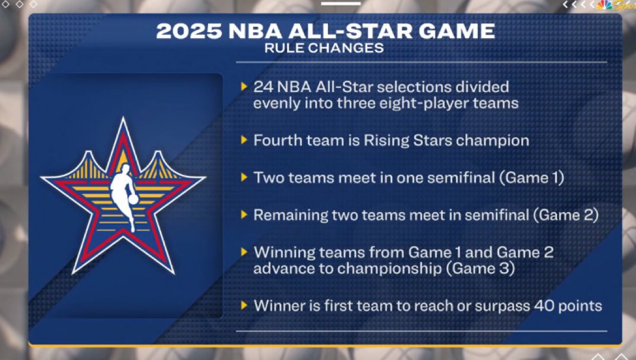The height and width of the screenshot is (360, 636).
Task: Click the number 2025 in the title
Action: pos(189,31)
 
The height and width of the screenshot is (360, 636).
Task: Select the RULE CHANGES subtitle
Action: pos(324,48)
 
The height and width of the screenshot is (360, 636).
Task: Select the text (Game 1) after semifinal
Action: pos(532,178)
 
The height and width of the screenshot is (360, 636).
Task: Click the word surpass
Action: pos(502,307)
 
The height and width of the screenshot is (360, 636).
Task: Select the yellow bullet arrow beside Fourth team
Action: pos(244,140)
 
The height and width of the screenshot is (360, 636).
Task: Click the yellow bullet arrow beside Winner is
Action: pos(244,305)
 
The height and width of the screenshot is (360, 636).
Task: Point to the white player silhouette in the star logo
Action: pos(124,195)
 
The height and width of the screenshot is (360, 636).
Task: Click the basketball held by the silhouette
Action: pos(133,200)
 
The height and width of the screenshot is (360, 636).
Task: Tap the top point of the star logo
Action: pos(123,118)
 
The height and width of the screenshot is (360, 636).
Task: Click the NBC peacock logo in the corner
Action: pos(604,5)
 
